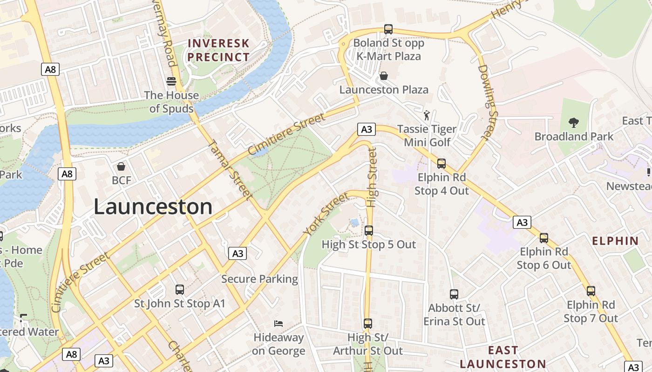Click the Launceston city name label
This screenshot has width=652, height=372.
coord(153,206)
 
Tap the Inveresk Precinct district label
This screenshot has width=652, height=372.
coord(218,50)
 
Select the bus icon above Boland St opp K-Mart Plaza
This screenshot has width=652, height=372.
coord(388,29)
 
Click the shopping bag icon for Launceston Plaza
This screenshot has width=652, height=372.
coord(384,76)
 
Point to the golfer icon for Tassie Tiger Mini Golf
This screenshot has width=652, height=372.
coord(427,115)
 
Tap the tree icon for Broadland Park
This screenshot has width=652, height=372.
coord(574,123)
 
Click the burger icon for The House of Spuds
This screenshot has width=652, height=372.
coord(171,81)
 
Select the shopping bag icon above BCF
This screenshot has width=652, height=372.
coord(121,166)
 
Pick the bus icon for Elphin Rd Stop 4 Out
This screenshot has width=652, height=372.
coord(441,164)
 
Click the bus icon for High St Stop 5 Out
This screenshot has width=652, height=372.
coord(369,231)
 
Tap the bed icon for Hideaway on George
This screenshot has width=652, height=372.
coord(278,324)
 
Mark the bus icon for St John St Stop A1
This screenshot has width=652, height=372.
coord(180,290)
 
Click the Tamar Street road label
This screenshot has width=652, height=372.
coord(232,169)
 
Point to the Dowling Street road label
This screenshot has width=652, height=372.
coord(488,102)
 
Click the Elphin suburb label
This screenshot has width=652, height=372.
coord(615,241)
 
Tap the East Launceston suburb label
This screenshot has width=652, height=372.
coord(503,357)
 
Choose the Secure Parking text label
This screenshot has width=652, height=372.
coord(259,279)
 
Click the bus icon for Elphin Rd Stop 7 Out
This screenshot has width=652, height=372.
coord(591,291)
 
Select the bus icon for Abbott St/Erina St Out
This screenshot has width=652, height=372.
coord(454,294)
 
